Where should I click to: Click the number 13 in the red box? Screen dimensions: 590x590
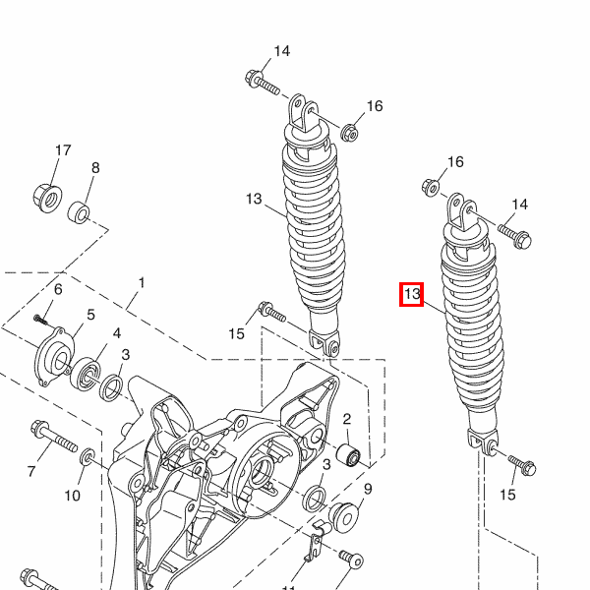click(x=412, y=293)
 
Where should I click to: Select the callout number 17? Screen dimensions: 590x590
click(x=63, y=150)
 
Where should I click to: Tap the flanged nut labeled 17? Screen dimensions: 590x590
click(x=47, y=198)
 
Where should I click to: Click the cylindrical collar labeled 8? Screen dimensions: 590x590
click(x=79, y=212)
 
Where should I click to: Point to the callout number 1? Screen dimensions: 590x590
click(x=142, y=282)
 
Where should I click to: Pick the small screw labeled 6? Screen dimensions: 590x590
click(x=41, y=321)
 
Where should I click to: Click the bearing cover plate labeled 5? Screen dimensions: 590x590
click(x=53, y=357)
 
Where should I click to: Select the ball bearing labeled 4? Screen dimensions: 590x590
click(x=86, y=375)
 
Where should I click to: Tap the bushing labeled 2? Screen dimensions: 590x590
click(x=348, y=454)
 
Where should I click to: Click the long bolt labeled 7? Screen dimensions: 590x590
click(x=54, y=436)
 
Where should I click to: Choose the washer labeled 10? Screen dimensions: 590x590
click(x=88, y=456)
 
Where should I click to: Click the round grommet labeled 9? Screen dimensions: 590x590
click(x=343, y=518)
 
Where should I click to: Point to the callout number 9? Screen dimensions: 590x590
click(x=368, y=489)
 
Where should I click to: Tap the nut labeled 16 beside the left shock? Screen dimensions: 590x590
click(x=349, y=133)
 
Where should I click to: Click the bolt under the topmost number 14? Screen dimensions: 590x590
click(x=263, y=83)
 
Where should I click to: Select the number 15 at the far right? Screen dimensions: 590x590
click(x=507, y=495)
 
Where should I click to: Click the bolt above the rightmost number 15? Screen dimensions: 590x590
click(x=522, y=465)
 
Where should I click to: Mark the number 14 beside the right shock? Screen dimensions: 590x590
click(x=519, y=205)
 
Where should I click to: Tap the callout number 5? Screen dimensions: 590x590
click(x=90, y=315)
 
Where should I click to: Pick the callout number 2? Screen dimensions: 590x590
click(x=347, y=419)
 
